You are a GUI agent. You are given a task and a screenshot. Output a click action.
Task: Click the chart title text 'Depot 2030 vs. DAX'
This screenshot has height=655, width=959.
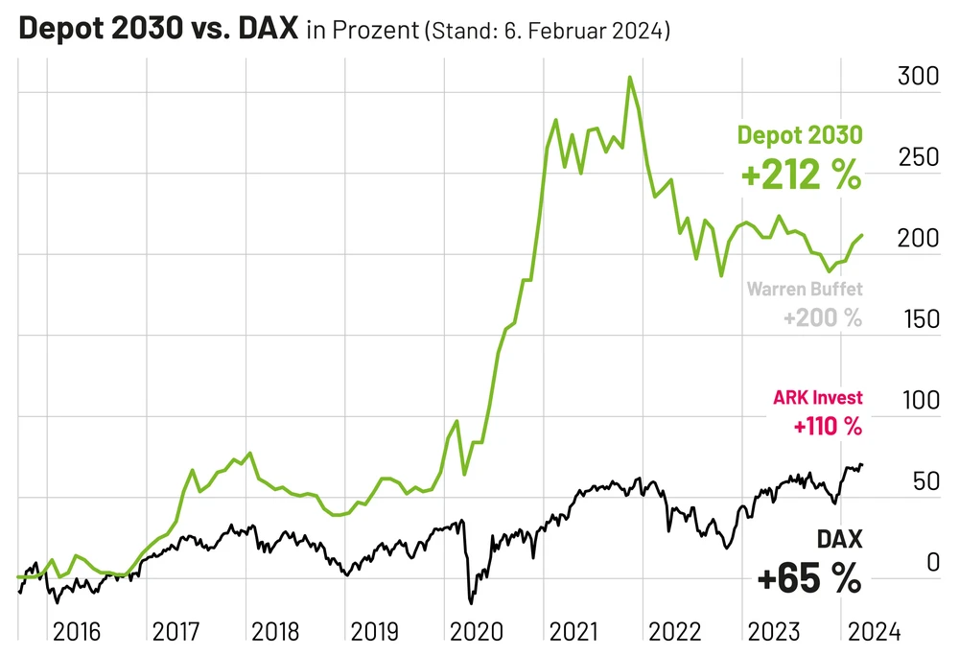pyautogui.click(x=158, y=29)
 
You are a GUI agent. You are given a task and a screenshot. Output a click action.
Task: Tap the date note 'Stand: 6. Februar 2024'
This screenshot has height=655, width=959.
pyautogui.click(x=546, y=31)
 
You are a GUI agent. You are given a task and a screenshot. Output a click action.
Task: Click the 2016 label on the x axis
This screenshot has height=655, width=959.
pyautogui.click(x=78, y=632)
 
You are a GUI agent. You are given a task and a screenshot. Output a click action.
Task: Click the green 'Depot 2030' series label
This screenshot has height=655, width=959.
pyautogui.click(x=799, y=136)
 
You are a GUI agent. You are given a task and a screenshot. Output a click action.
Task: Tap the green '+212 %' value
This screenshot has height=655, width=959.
pyautogui.click(x=799, y=175)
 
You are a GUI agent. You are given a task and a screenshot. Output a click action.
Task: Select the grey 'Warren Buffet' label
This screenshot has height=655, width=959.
pyautogui.click(x=804, y=289)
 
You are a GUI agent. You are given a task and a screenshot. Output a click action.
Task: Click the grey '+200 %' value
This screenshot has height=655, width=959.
pyautogui.click(x=822, y=317)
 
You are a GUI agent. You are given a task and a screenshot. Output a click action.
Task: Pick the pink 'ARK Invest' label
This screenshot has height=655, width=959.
pyautogui.click(x=817, y=397)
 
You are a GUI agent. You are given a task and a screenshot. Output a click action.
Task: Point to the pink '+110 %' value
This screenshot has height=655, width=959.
pyautogui.click(x=827, y=426)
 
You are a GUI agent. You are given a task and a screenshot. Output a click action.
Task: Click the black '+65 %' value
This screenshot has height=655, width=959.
pyautogui.click(x=808, y=578)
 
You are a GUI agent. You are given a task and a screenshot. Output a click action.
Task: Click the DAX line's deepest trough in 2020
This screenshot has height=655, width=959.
pyautogui.click(x=471, y=603)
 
